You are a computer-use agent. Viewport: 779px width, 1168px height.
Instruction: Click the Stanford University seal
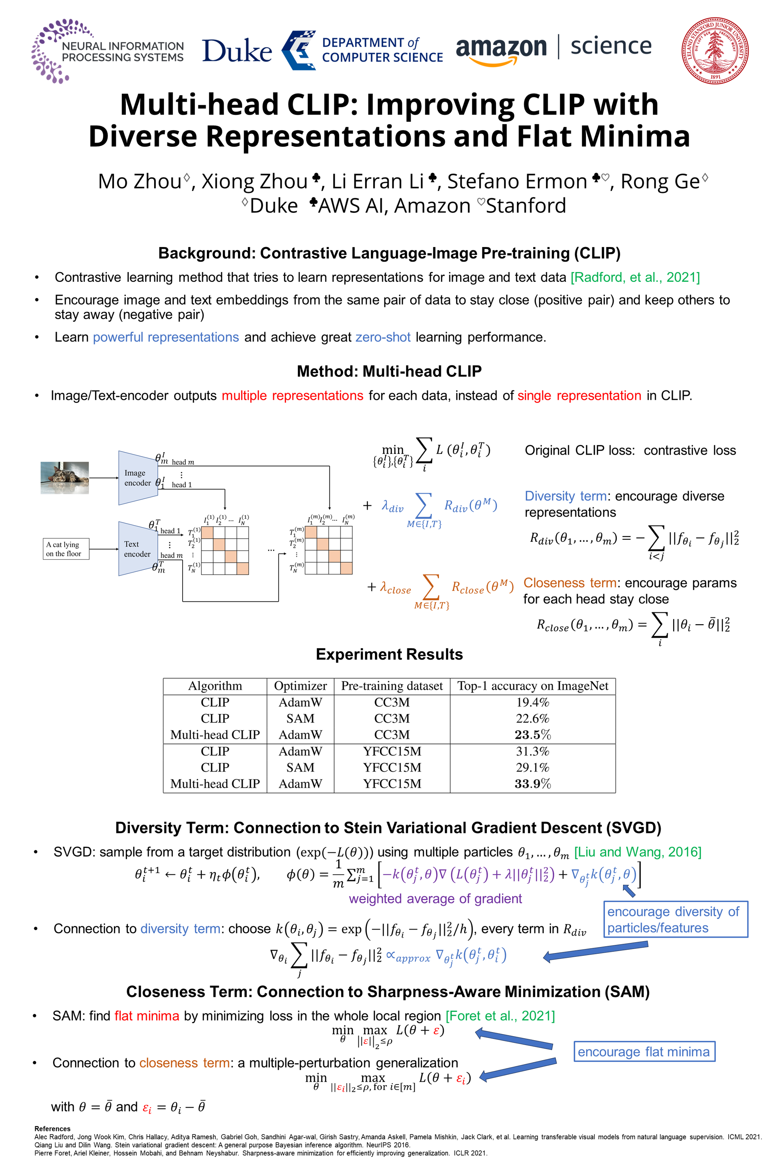coord(715,50)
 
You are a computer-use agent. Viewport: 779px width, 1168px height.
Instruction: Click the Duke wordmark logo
coord(237,51)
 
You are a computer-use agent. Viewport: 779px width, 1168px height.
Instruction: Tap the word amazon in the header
coord(501,48)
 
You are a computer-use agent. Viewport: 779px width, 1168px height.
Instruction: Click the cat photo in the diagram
coord(65,478)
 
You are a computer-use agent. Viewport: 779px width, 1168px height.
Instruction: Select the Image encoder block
coord(137,478)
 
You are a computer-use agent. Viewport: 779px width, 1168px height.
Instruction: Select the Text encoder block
coord(137,549)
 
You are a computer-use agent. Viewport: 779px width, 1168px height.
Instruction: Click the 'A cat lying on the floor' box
coord(66,549)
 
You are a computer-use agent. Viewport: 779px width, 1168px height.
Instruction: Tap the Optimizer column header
coord(300,686)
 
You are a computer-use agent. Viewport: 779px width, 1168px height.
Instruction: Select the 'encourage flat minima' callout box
coord(644,1051)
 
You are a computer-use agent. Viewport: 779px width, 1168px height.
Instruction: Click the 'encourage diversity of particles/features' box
coord(675,919)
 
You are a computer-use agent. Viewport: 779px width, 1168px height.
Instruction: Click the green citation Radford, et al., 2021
coord(635,277)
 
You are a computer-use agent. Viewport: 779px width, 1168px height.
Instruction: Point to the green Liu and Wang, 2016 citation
coord(637,852)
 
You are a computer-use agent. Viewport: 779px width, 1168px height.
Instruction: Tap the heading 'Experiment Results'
coord(389,654)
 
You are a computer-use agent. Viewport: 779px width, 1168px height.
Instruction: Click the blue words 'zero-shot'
coord(383,337)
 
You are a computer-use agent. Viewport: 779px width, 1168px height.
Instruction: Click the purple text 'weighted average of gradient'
coord(435,898)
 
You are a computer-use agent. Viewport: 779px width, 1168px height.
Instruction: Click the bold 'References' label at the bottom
coord(52,1129)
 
